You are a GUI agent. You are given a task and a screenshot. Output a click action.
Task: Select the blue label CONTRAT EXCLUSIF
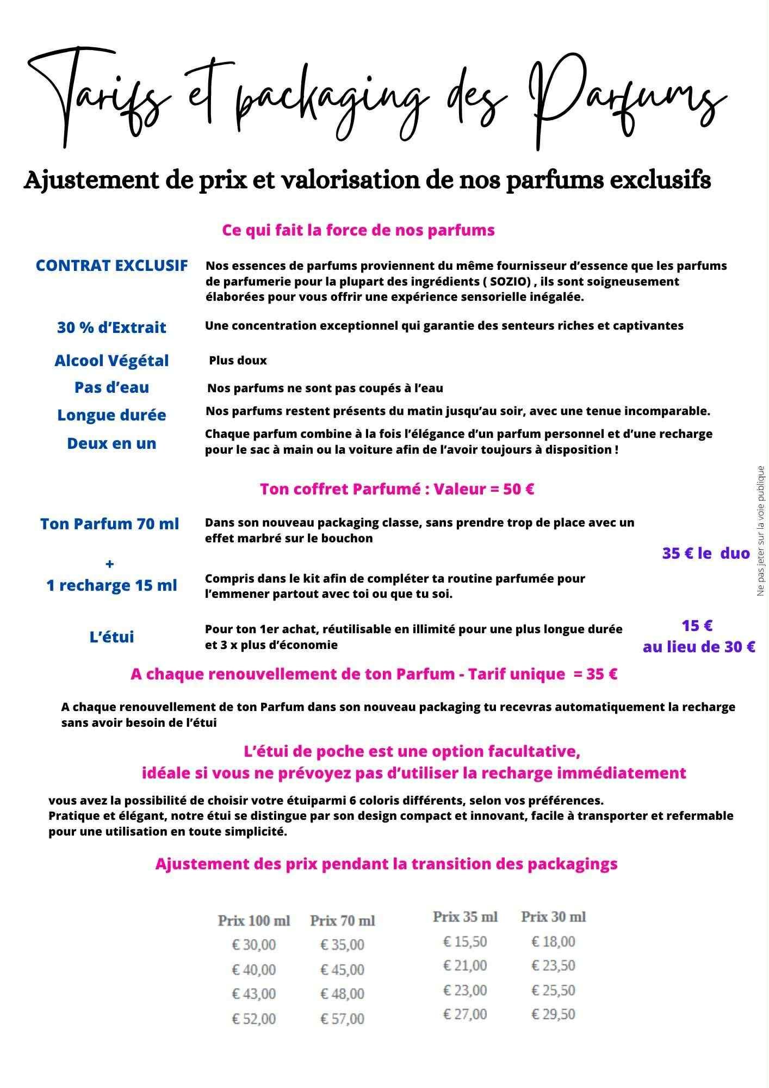pyautogui.click(x=111, y=265)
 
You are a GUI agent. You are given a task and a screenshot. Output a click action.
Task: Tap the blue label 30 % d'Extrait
pyautogui.click(x=111, y=327)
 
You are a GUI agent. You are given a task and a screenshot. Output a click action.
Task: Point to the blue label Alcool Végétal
pyautogui.click(x=111, y=361)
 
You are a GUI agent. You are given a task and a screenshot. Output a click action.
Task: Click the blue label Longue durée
pyautogui.click(x=111, y=415)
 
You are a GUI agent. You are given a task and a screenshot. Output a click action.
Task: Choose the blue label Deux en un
pyautogui.click(x=111, y=443)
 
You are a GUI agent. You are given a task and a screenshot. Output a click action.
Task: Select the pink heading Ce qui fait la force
pyautogui.click(x=358, y=230)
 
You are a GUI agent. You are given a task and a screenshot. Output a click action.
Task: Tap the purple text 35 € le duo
pyautogui.click(x=705, y=554)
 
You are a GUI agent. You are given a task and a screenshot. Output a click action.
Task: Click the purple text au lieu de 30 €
pyautogui.click(x=699, y=647)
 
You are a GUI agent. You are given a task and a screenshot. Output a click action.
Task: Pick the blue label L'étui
pyautogui.click(x=111, y=637)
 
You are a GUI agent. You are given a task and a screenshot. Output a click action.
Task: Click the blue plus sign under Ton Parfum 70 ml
pyautogui.click(x=110, y=564)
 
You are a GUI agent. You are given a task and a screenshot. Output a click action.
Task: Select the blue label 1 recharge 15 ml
pyautogui.click(x=111, y=585)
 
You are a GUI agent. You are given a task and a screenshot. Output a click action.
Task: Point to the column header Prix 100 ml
pyautogui.click(x=254, y=921)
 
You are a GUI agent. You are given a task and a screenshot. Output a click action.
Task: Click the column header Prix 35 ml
pyautogui.click(x=465, y=917)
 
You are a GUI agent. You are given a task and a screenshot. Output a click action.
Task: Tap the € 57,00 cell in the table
pyautogui.click(x=342, y=1019)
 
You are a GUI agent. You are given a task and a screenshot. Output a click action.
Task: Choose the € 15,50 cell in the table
pyautogui.click(x=465, y=942)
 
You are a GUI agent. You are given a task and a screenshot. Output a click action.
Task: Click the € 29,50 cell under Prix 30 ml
pyautogui.click(x=553, y=1014)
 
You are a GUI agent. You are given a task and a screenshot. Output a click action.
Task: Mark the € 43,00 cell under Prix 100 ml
pyautogui.click(x=254, y=994)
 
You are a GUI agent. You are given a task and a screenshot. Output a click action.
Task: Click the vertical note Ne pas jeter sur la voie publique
pyautogui.click(x=761, y=531)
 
